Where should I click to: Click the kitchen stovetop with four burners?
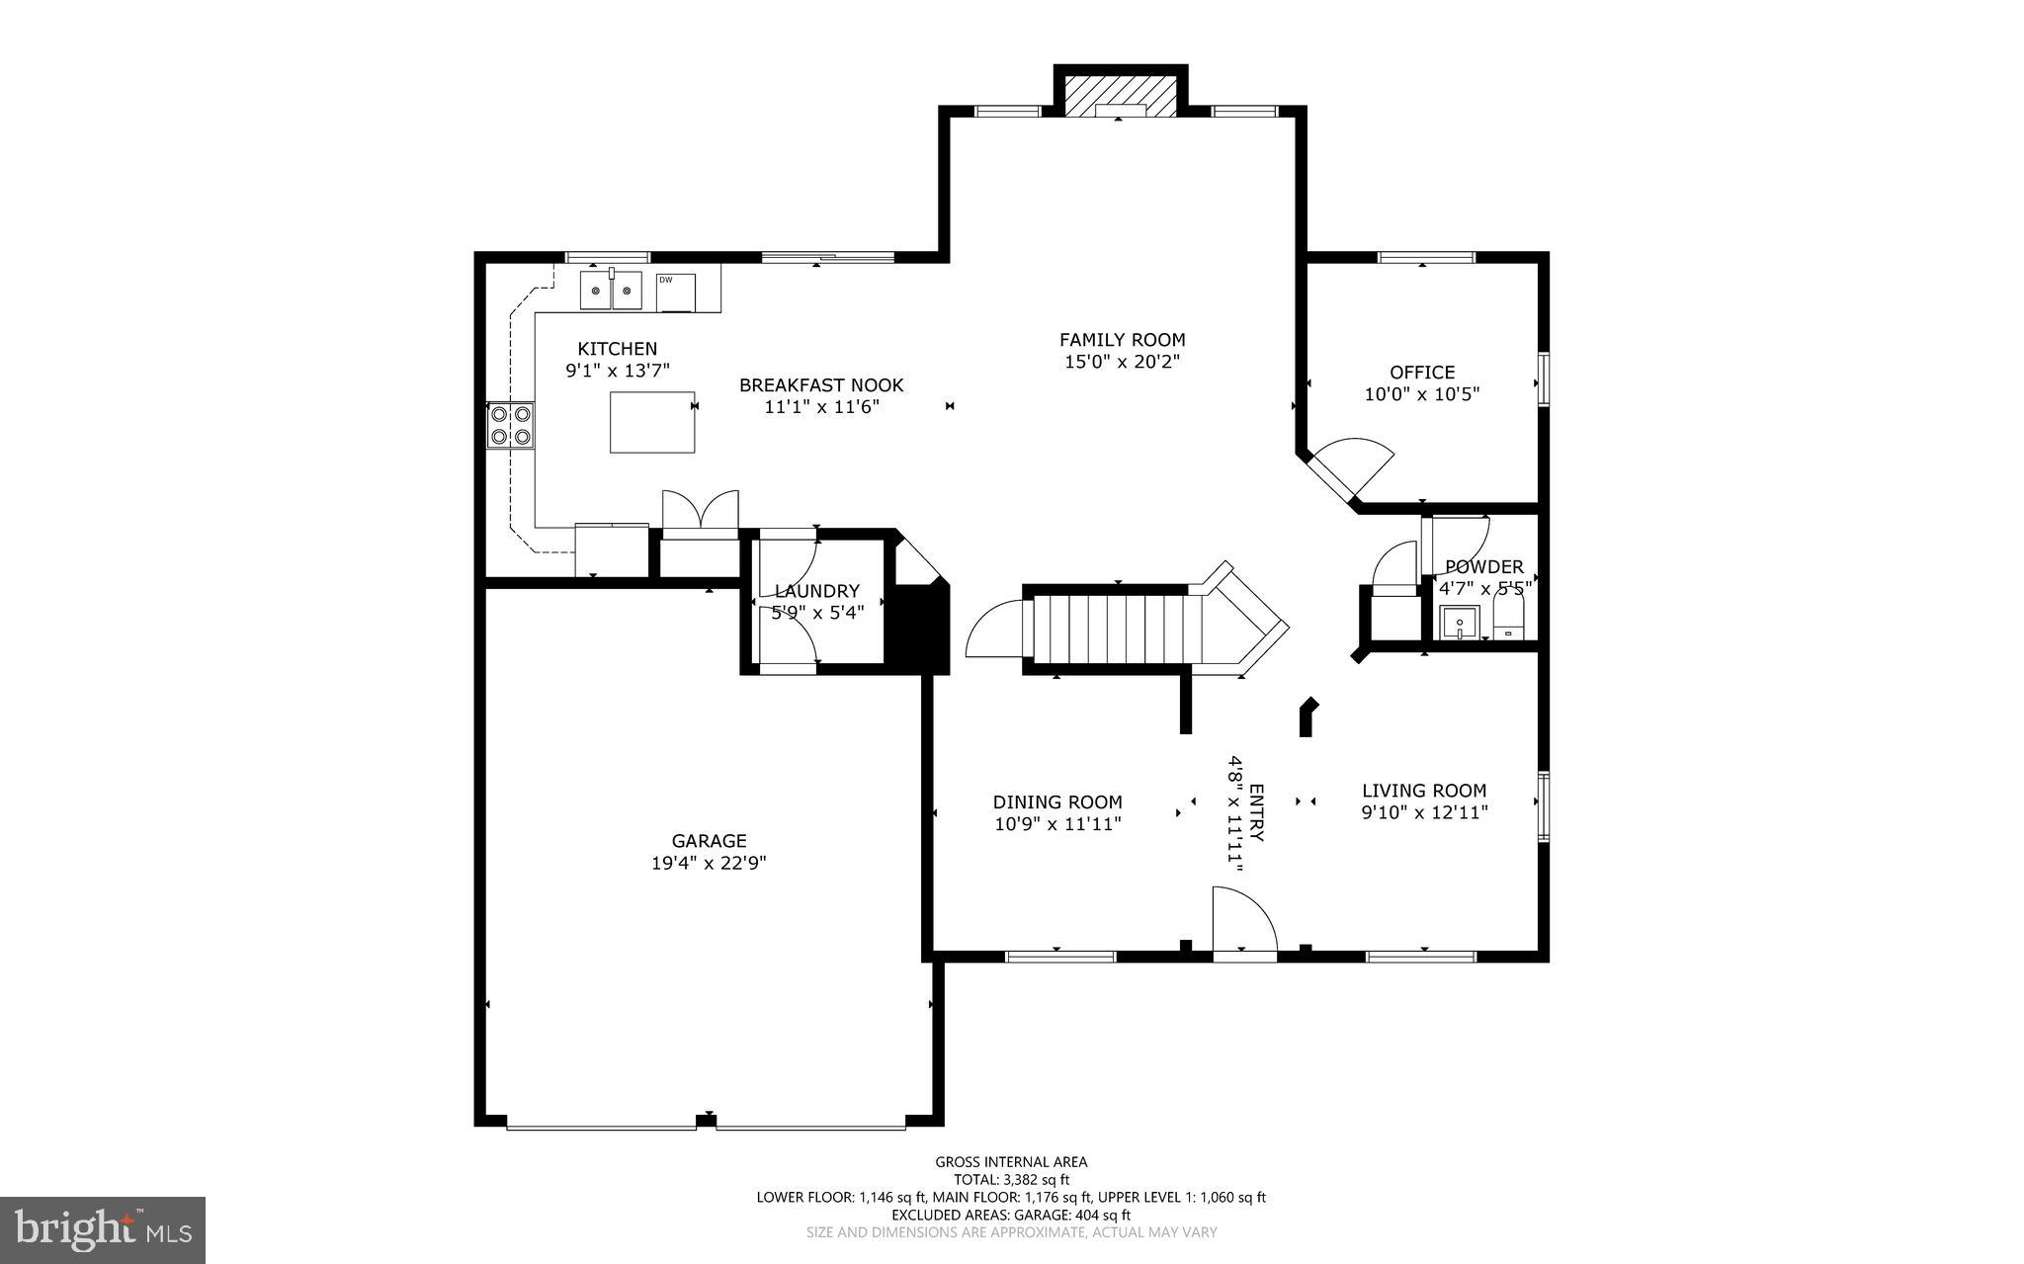(x=511, y=425)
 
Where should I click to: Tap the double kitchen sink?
(x=611, y=291)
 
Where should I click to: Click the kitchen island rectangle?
(x=652, y=422)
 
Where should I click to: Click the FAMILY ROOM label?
(x=1122, y=340)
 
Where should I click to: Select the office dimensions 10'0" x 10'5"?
(x=1421, y=394)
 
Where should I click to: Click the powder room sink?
(x=1458, y=625)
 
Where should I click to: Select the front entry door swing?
(x=1243, y=922)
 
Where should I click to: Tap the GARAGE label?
(x=709, y=841)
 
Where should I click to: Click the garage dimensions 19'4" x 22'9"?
(x=709, y=863)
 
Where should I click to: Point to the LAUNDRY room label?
(x=816, y=591)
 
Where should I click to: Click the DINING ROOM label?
(x=1057, y=802)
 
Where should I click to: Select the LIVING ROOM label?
(x=1423, y=791)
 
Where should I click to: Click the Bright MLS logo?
(x=103, y=1229)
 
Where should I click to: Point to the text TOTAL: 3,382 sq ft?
(x=1011, y=1179)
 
